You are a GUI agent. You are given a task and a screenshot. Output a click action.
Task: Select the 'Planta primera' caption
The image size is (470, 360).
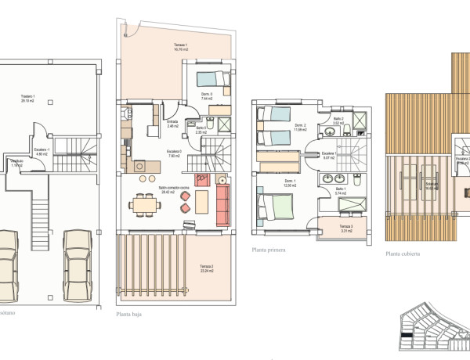pos(268,250)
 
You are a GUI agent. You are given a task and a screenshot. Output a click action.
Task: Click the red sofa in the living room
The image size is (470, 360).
pos(223,205)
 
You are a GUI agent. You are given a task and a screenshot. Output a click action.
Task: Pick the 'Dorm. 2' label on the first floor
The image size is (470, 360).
pos(299,127)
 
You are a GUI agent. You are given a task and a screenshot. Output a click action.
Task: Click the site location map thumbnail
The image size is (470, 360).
pos(431,329)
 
